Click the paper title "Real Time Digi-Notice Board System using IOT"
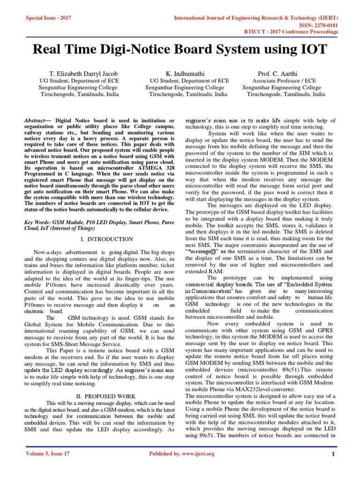point(180,50)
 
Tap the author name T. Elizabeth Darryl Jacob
point(83,74)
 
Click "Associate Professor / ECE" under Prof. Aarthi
point(284,81)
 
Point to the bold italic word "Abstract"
point(37,121)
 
